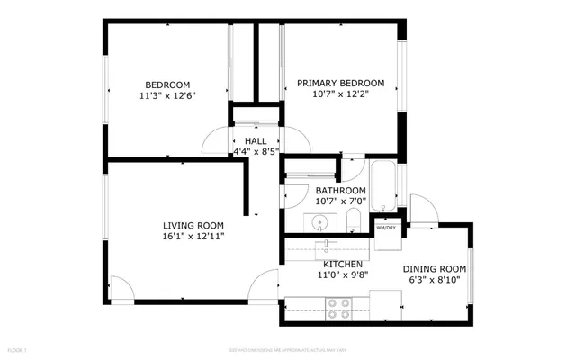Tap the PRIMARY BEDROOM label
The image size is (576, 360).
[340, 82]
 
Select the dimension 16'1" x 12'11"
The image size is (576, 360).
[193, 236]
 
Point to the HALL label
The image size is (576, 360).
[255, 141]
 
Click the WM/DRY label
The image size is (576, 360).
[386, 229]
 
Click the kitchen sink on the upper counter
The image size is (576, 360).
[323, 247]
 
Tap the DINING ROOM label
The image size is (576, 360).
[434, 268]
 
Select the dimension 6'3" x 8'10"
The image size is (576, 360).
[434, 279]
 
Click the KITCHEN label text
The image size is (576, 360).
[337, 264]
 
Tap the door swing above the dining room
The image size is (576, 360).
[421, 208]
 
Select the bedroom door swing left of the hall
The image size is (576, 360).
[216, 142]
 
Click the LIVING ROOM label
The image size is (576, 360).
[193, 225]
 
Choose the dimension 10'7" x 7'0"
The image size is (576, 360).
[340, 202]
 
